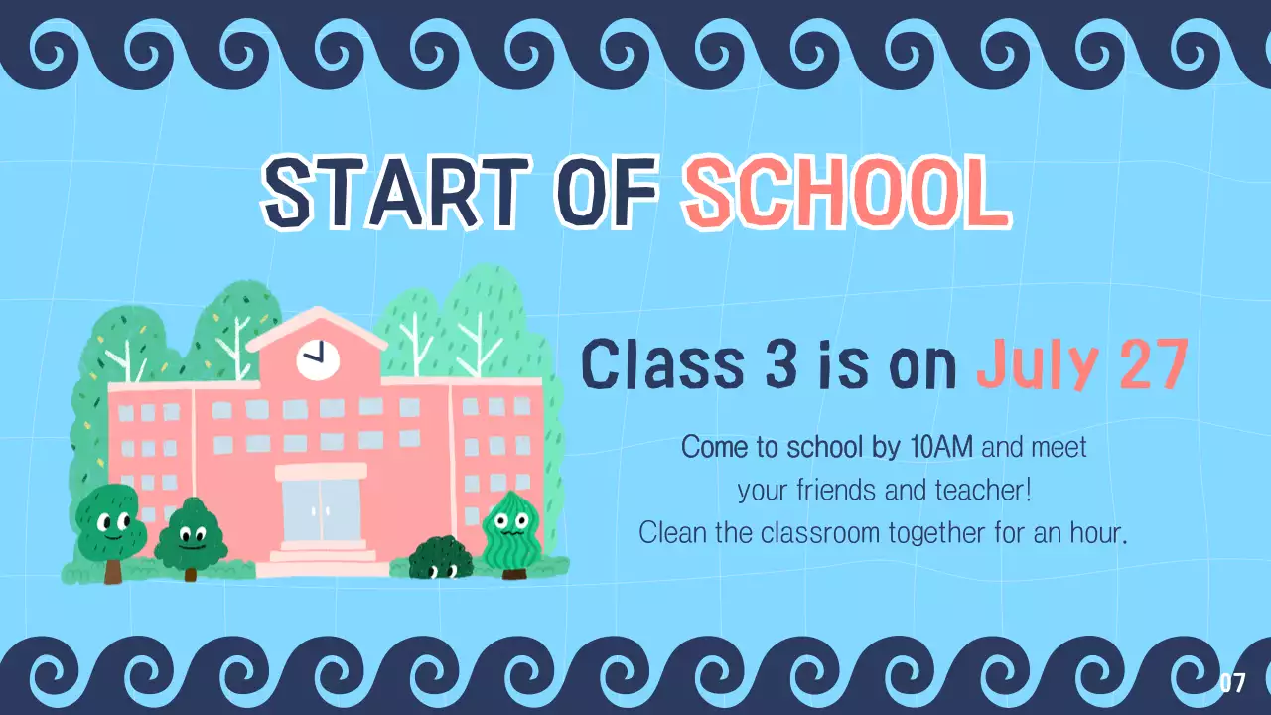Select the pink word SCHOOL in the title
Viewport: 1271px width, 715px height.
click(845, 192)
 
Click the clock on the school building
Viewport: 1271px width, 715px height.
click(318, 357)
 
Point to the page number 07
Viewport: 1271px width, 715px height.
click(1232, 683)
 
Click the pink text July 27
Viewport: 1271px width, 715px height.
click(1081, 364)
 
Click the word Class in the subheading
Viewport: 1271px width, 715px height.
click(660, 364)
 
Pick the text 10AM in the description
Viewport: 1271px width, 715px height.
click(940, 448)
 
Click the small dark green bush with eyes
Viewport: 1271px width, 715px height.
click(442, 558)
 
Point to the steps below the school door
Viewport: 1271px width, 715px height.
click(320, 557)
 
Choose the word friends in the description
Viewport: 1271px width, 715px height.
click(843, 491)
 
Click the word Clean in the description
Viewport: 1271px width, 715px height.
click(673, 533)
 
